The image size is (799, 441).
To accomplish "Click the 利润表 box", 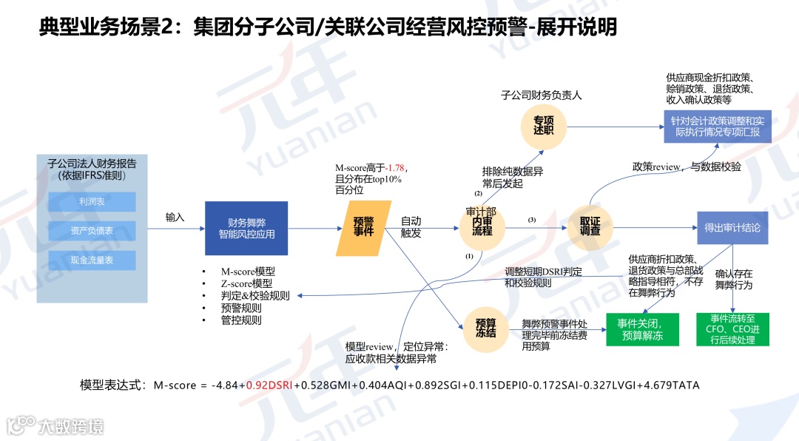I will pos(92,201).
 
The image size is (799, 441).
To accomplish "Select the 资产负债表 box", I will pos(92,230).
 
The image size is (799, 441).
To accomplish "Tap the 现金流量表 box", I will pos(92,260).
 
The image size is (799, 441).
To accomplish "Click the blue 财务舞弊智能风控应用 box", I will pos(246,228).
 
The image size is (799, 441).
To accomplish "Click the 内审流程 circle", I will pos(481,229).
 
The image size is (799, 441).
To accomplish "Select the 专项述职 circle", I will pos(544,124).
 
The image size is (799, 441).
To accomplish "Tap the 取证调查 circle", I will pos(590,226).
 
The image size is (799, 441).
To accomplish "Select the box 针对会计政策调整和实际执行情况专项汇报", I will pos(718,127).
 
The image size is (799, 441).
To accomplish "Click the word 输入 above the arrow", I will pos(175,218).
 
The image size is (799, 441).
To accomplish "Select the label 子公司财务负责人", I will pos(542,95).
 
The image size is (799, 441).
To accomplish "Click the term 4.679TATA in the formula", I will pos(672,386).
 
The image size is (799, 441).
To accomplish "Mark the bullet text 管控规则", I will pos(241,320).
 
